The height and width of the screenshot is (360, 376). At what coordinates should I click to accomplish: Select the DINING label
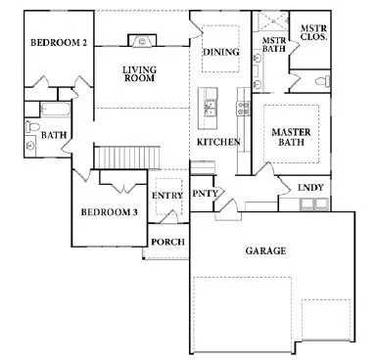pyautogui.click(x=220, y=52)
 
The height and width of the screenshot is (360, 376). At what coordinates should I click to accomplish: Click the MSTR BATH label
pyautogui.click(x=273, y=45)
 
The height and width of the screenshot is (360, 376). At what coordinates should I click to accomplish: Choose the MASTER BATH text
pyautogui.click(x=291, y=138)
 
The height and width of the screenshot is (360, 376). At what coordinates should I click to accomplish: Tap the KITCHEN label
pyautogui.click(x=217, y=143)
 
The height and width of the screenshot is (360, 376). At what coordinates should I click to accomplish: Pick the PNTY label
pyautogui.click(x=204, y=193)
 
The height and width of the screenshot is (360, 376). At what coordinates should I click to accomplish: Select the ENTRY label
pyautogui.click(x=167, y=196)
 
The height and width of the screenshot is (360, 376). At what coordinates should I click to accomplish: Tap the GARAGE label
pyautogui.click(x=265, y=250)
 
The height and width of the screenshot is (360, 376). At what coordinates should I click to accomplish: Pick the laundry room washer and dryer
pyautogui.click(x=315, y=205)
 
